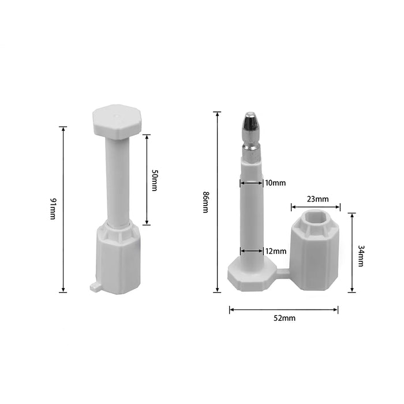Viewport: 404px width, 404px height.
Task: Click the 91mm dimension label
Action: pyautogui.click(x=53, y=209)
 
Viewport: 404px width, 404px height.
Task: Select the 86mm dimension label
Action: pyautogui.click(x=205, y=202)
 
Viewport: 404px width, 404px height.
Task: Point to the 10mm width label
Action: pyautogui.click(x=275, y=183)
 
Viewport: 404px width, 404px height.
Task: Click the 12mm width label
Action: pyautogui.click(x=275, y=251)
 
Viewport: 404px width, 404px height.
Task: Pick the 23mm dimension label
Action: pyautogui.click(x=317, y=199)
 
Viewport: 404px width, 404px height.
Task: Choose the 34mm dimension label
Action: pyautogui.click(x=361, y=256)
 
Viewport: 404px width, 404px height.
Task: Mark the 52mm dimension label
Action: pyautogui.click(x=284, y=318)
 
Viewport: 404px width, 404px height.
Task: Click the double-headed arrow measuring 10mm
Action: pyautogui.click(x=251, y=183)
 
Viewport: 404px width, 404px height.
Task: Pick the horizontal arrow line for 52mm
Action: pyautogui.click(x=284, y=310)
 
